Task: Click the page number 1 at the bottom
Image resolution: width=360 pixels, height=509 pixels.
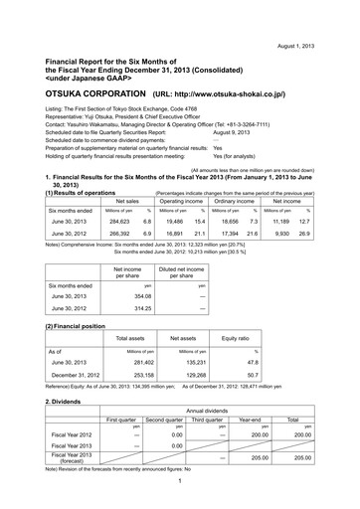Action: (x=179, y=499)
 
